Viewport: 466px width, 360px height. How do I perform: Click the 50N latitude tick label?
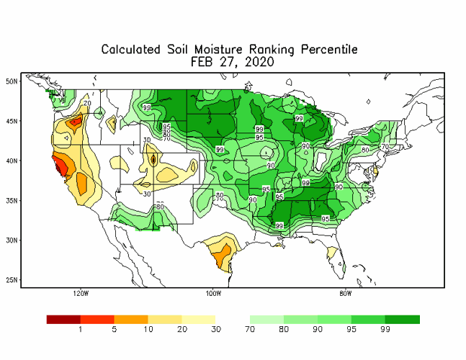12,81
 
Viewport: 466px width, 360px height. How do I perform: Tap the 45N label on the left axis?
12,121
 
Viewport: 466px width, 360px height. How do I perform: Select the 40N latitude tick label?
12,161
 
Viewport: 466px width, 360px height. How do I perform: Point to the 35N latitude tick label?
12,200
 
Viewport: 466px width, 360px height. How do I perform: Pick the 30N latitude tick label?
12,240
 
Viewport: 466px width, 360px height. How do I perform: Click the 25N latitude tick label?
12,279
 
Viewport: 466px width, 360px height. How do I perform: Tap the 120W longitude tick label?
81,294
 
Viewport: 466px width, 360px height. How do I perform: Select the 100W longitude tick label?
213,294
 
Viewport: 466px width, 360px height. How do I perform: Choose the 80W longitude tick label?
345,294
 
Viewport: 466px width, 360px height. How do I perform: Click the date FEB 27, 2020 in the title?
232,62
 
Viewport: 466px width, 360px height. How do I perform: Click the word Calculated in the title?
135,50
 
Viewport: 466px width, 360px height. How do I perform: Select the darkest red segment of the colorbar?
63,319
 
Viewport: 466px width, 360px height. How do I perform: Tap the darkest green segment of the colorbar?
402,319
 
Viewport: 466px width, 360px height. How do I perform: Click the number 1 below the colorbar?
80,330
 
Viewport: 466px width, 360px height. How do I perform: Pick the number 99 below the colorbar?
385,330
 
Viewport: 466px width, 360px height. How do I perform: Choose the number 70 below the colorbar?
250,330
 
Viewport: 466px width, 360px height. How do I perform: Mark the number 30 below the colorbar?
215,330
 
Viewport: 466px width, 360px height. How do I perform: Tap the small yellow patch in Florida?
331,253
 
